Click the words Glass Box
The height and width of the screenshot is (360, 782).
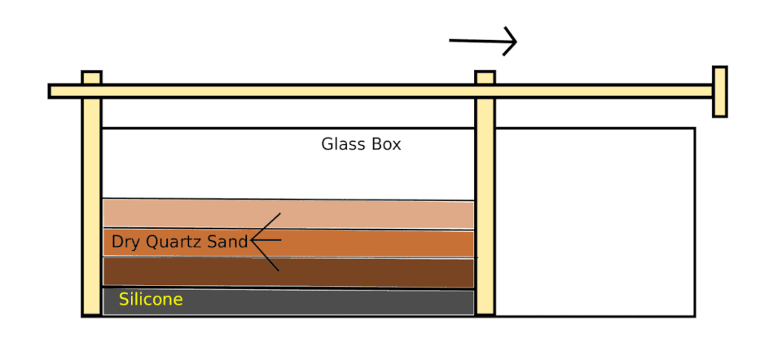[x=361, y=145]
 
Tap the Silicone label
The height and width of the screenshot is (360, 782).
[x=151, y=300]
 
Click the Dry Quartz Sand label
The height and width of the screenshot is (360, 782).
[x=180, y=242]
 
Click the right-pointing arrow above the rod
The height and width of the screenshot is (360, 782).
[x=483, y=40]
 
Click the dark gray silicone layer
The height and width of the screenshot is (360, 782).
[x=326, y=302]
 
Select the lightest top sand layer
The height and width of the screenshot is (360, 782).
[x=326, y=213]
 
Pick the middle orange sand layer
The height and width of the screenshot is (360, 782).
[x=367, y=243]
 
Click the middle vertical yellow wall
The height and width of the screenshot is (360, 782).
[x=485, y=212]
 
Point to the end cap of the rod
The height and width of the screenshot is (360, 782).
[x=719, y=91]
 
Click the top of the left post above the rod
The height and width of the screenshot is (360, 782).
[x=91, y=77]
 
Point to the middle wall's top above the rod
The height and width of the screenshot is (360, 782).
[x=485, y=77]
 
